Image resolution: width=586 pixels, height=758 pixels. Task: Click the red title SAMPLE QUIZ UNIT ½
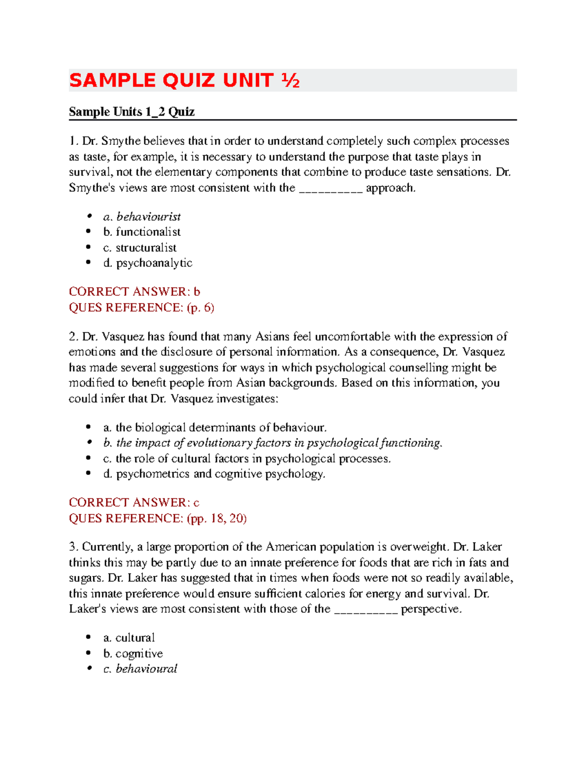pyautogui.click(x=184, y=81)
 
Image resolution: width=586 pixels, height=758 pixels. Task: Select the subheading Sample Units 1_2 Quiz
pyautogui.click(x=131, y=112)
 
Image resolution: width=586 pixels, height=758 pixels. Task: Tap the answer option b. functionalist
pyautogui.click(x=142, y=232)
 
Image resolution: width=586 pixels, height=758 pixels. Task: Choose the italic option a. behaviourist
pyautogui.click(x=142, y=217)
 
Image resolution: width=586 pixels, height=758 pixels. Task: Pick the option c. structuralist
pyautogui.click(x=140, y=247)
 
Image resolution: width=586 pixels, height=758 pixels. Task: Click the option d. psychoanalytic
pyautogui.click(x=147, y=263)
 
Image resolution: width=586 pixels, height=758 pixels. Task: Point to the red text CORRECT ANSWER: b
pyautogui.click(x=134, y=292)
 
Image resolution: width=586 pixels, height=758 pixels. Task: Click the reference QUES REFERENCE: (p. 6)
pyautogui.click(x=142, y=307)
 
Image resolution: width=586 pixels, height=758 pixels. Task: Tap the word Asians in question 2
pyautogui.click(x=271, y=337)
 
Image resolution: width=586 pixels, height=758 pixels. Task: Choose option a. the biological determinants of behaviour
pyautogui.click(x=215, y=428)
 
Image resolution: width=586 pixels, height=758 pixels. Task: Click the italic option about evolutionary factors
pyautogui.click(x=272, y=443)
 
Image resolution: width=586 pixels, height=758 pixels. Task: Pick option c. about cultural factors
pyautogui.click(x=247, y=459)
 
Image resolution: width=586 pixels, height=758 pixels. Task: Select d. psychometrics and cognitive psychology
pyautogui.click(x=214, y=474)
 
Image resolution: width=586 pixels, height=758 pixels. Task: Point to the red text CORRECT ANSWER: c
pyautogui.click(x=134, y=503)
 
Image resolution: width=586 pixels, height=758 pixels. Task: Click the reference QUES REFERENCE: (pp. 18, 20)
pyautogui.click(x=157, y=518)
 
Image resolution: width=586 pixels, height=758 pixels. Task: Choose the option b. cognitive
pyautogui.click(x=133, y=654)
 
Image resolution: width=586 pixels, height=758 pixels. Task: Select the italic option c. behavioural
pyautogui.click(x=140, y=669)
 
